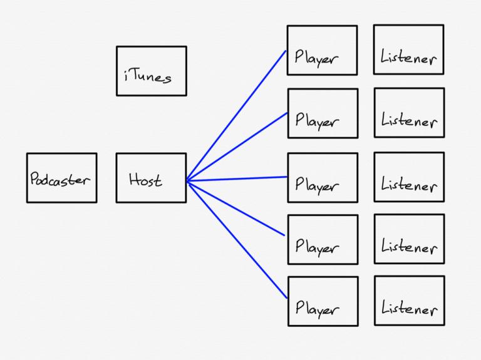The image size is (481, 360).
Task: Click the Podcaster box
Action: coord(61,178)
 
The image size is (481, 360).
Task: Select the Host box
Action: coord(151,178)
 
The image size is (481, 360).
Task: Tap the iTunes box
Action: coord(152,71)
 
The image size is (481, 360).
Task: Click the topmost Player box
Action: coord(323,50)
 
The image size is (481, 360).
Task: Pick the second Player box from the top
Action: coord(323,113)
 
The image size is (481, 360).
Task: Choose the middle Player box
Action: coord(323,178)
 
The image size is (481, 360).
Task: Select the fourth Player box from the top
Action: coord(323,240)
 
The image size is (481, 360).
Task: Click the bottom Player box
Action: coord(323,301)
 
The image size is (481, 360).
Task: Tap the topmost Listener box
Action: coord(408,49)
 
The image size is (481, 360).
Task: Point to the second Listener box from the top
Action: coord(409,113)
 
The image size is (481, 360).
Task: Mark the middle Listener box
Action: coord(409,177)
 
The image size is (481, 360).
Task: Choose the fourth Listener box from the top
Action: coord(409,239)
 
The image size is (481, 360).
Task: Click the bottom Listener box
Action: coord(410,301)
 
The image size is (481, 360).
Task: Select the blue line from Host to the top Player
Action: coord(236,116)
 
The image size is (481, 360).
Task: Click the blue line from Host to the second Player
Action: coord(237,147)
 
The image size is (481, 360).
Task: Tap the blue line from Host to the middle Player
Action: coord(237,179)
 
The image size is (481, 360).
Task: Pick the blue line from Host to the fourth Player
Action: coord(235,208)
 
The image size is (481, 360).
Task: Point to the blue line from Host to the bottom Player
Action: coord(237,239)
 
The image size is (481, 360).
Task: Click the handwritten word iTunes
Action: coord(148,76)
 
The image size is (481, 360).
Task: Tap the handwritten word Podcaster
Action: coord(60,179)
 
